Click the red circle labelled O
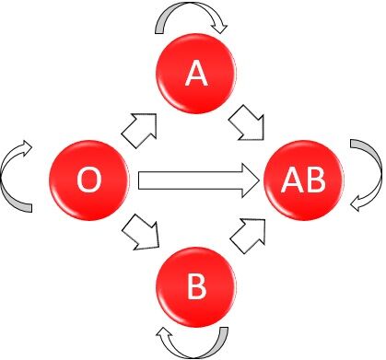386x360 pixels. pyautogui.click(x=88, y=180)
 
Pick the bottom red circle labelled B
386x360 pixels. pyautogui.click(x=195, y=287)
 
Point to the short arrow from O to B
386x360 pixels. pyautogui.click(x=142, y=230)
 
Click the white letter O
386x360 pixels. pyautogui.click(x=88, y=180)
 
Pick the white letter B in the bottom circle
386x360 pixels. pyautogui.click(x=196, y=288)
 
